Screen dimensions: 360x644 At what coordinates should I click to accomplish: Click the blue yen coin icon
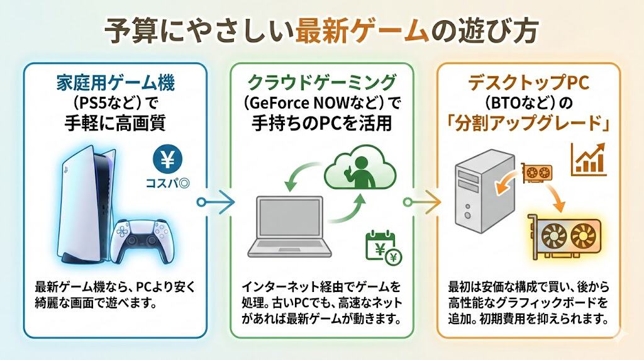[167, 161]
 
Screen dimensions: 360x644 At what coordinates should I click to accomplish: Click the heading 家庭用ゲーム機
[114, 81]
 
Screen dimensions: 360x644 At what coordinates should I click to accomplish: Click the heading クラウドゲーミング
[322, 81]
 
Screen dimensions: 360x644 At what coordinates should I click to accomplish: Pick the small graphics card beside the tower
[536, 171]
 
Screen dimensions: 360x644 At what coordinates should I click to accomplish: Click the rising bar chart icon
[589, 159]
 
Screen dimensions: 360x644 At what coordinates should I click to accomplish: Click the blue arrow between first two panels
[216, 202]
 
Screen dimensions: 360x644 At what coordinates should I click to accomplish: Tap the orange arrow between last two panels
[421, 202]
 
